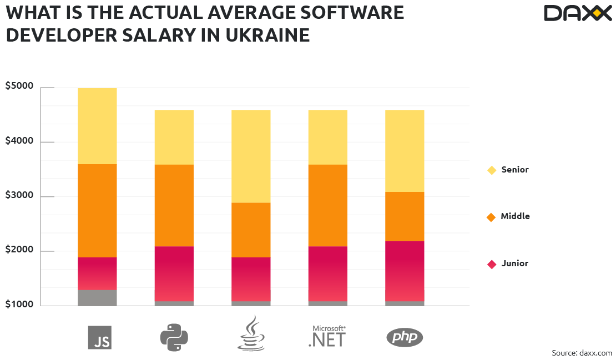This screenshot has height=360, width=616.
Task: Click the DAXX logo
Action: click(x=577, y=13)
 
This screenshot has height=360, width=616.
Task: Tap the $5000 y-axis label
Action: click(x=19, y=87)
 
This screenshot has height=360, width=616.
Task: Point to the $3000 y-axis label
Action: click(x=19, y=196)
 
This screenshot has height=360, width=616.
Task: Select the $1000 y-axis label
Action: click(x=19, y=305)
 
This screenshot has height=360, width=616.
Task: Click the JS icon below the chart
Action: click(x=99, y=337)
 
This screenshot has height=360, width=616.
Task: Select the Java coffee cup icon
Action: click(x=251, y=333)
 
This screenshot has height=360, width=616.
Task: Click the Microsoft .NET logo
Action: click(x=327, y=336)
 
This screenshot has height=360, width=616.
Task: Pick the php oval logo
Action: click(x=405, y=337)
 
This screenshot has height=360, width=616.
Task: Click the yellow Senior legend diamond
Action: click(x=491, y=170)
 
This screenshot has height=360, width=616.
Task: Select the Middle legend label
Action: click(x=515, y=216)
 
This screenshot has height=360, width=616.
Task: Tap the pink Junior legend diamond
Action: click(x=491, y=264)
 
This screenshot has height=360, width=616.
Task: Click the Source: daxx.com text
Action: click(x=582, y=353)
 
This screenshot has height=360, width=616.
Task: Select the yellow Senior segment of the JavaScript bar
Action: click(x=97, y=126)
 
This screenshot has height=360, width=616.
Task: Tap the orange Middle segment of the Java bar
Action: click(x=251, y=230)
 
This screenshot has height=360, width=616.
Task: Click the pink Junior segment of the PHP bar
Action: click(x=405, y=271)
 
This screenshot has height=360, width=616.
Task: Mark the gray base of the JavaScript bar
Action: click(x=97, y=297)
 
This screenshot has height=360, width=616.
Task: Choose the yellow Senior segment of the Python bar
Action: click(x=174, y=137)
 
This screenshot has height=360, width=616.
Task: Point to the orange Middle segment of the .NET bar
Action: click(x=327, y=205)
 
